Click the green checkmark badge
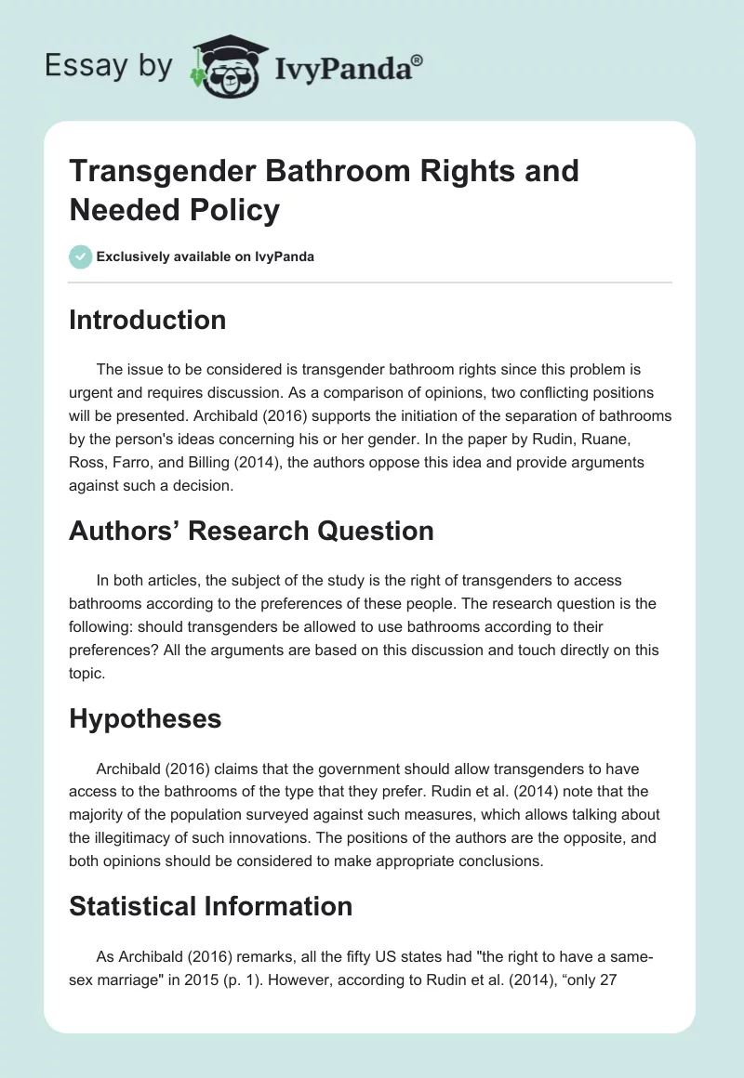81,256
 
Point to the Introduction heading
148,320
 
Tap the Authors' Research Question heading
251,531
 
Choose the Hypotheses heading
144,717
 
